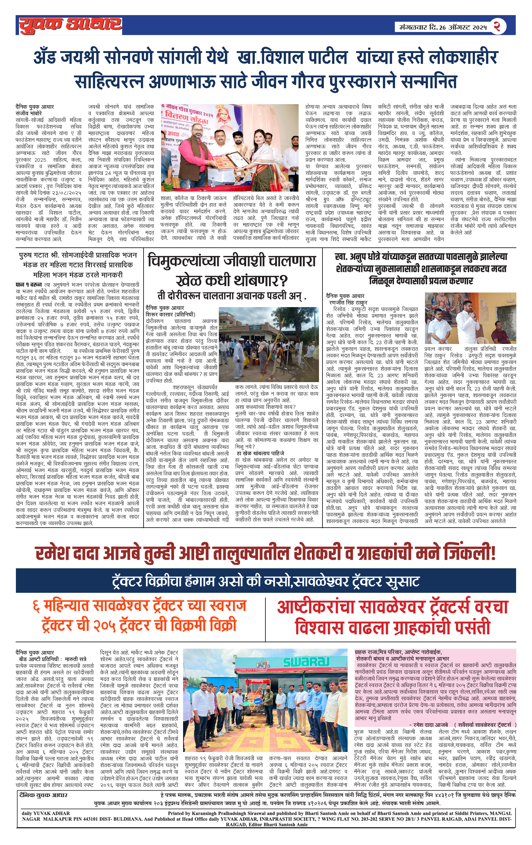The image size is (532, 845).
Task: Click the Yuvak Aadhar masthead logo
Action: [70, 25]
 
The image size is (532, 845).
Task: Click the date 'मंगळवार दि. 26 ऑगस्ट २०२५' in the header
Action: [443, 27]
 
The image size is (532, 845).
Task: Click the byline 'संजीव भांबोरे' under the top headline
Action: [29, 113]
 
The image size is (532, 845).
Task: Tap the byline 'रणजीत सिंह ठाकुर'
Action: [348, 303]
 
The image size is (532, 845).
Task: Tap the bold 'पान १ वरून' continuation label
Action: [29, 284]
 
